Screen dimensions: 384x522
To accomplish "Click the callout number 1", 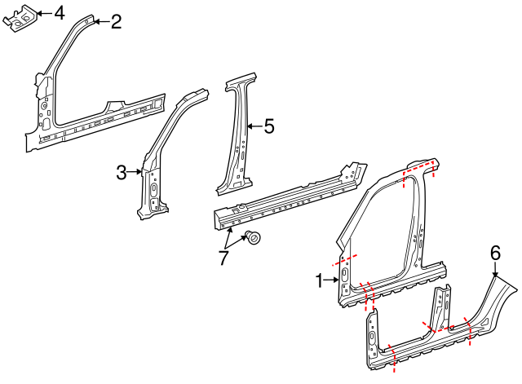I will click(x=320, y=280).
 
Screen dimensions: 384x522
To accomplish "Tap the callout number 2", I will click(x=116, y=22).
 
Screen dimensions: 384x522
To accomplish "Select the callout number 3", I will click(x=122, y=172).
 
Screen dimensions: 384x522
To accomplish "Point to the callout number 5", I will click(x=268, y=126).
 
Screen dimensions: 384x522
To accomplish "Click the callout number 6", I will click(x=494, y=254).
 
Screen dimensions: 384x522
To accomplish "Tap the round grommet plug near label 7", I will click(x=254, y=239).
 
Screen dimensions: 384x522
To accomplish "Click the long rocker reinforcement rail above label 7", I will click(x=285, y=198).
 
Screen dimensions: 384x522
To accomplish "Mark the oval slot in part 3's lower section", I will click(x=153, y=190).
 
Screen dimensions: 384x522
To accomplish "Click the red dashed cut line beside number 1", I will click(x=343, y=261).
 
